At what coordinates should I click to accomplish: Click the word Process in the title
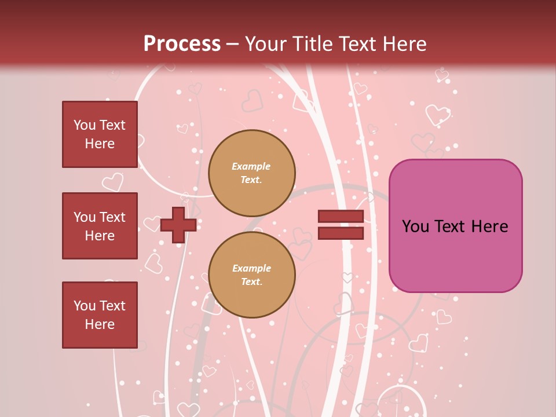click(182, 44)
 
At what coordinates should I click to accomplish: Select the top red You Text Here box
click(100, 134)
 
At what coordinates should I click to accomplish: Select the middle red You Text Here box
click(100, 226)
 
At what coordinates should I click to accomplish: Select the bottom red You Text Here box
click(100, 314)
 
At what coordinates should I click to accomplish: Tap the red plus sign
click(178, 225)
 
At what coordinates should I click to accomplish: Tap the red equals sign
click(341, 225)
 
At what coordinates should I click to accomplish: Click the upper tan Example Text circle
click(252, 173)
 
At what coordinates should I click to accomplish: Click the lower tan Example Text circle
click(252, 275)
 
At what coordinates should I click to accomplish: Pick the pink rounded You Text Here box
click(455, 226)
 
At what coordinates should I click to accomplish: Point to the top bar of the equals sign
click(341, 217)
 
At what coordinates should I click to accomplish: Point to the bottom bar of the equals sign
click(341, 233)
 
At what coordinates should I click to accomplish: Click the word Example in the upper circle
click(251, 166)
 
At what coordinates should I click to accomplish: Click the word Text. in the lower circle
click(251, 282)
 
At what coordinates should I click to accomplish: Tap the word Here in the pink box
click(490, 226)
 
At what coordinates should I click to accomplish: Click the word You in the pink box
click(415, 226)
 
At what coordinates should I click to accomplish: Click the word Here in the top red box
click(100, 144)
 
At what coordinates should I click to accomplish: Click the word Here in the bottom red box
click(100, 324)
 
